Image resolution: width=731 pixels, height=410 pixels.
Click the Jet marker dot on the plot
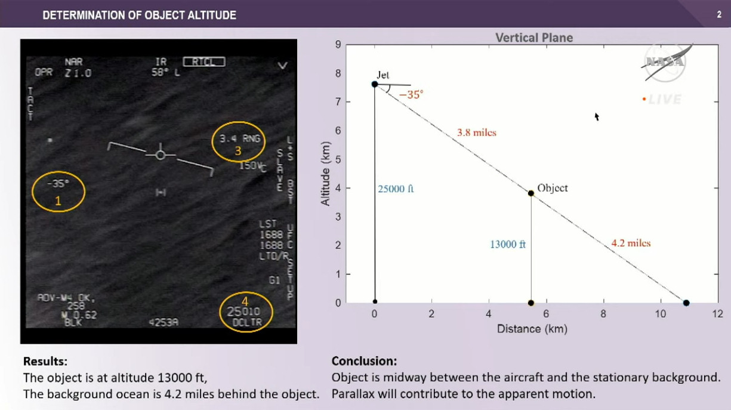375,84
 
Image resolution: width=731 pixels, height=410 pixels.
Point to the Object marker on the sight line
530,193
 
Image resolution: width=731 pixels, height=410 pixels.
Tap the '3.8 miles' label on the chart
476,132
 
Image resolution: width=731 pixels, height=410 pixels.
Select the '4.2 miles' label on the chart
631,243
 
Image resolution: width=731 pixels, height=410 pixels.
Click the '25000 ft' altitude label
396,189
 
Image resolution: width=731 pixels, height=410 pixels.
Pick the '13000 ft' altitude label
508,244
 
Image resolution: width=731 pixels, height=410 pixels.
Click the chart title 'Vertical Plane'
533,38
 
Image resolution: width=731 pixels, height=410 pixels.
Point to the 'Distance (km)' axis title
532,329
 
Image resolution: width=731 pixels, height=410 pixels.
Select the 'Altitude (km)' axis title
325,174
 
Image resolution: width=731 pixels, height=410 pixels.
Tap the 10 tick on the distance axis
660,315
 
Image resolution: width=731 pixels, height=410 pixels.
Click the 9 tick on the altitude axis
338,45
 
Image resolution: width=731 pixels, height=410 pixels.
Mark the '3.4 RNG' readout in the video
240,138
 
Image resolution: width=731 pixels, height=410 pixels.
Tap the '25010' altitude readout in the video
243,311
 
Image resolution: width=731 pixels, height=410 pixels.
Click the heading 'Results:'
45,361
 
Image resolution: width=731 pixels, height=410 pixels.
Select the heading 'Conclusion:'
364,361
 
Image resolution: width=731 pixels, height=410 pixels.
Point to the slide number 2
719,14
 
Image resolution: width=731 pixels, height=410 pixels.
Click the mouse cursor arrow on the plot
596,116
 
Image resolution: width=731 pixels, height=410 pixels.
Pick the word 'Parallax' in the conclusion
352,394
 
